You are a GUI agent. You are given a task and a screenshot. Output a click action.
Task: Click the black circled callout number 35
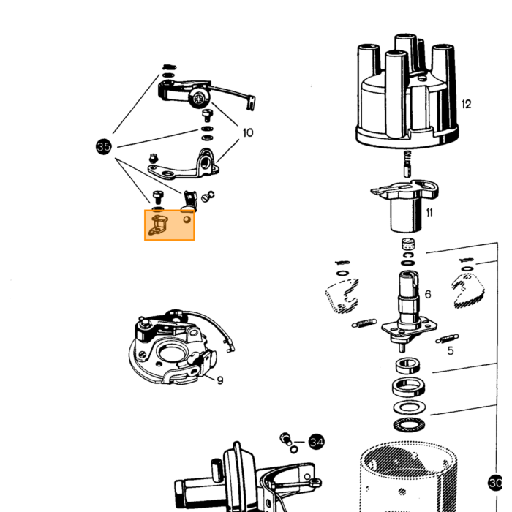click(x=104, y=146)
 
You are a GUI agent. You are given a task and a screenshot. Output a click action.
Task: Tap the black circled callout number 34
click(x=317, y=442)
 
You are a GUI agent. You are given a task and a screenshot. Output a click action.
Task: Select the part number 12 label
click(x=467, y=104)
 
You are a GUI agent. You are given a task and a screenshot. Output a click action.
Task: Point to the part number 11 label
click(x=429, y=213)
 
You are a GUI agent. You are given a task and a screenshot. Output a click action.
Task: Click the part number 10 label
click(x=248, y=132)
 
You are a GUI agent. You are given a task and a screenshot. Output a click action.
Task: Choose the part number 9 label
click(x=220, y=380)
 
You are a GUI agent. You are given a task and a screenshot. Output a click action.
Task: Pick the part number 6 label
click(x=428, y=294)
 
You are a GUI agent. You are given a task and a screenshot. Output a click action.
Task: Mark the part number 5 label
click(x=451, y=350)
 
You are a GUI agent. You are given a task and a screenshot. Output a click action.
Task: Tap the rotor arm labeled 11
click(x=405, y=205)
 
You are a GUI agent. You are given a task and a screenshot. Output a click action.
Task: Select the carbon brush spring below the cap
click(x=407, y=164)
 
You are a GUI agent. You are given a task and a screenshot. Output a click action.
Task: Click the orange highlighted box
click(x=170, y=225)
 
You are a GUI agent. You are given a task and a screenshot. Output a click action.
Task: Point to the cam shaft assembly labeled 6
click(x=408, y=310)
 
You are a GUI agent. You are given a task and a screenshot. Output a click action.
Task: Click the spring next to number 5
click(x=447, y=339)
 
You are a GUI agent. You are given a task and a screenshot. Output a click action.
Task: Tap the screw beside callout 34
click(x=286, y=439)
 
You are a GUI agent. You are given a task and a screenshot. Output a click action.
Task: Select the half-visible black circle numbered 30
click(x=494, y=483)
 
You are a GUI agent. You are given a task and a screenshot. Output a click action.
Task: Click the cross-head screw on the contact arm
click(x=198, y=99)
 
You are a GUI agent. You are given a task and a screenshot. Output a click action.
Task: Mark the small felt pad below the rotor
click(x=407, y=244)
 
